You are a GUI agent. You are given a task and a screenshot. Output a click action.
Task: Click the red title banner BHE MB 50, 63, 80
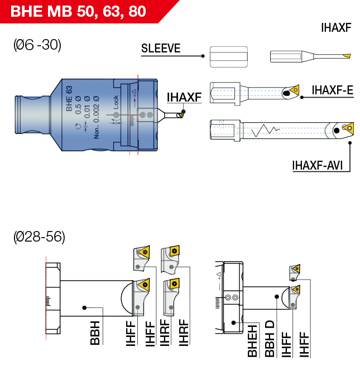pyautogui.click(x=78, y=11)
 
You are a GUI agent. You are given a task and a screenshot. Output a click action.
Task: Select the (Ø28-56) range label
pyautogui.click(x=39, y=237)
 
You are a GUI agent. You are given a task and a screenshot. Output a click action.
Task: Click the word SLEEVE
pyautogui.click(x=161, y=48)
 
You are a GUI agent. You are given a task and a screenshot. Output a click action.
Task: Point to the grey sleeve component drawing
pyautogui.click(x=228, y=56)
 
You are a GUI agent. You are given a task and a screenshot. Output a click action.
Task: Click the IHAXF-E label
pyautogui.click(x=332, y=90)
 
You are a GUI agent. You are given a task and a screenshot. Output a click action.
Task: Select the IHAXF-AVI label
pyautogui.click(x=316, y=165)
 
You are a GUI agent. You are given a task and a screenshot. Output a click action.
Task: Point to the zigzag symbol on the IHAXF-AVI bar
pyautogui.click(x=265, y=132)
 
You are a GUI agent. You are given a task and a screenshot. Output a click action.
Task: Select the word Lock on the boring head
pyautogui.click(x=116, y=102)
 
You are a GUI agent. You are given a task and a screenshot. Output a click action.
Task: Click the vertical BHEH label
pyautogui.click(x=252, y=340)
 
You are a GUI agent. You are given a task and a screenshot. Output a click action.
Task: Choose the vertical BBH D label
pyautogui.click(x=270, y=338)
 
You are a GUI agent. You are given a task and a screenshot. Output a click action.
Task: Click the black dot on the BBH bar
pyautogui.click(x=84, y=307)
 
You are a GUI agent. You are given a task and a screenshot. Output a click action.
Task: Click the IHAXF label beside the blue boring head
pyautogui.click(x=184, y=98)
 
